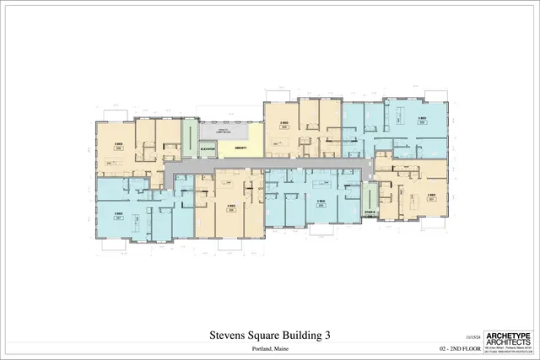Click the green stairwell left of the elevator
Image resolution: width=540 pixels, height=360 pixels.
point(189,139)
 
